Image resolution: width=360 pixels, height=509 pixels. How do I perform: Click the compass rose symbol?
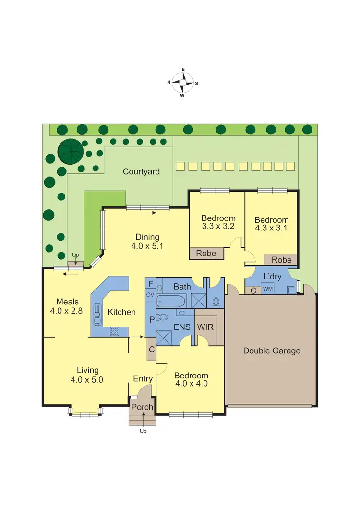click(x=182, y=82)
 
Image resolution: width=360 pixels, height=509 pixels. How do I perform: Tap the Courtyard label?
click(x=141, y=171)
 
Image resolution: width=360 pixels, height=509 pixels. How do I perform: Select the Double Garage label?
click(x=272, y=351)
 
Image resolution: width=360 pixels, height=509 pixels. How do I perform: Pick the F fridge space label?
click(x=150, y=283)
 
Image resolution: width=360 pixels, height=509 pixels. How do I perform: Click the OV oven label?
click(x=150, y=294)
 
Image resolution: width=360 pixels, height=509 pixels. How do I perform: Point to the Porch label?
click(x=142, y=407)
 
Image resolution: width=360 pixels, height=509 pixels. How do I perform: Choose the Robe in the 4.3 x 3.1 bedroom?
click(x=281, y=260)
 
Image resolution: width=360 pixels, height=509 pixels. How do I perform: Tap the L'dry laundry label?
click(x=273, y=277)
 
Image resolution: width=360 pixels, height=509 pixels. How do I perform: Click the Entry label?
click(x=143, y=379)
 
